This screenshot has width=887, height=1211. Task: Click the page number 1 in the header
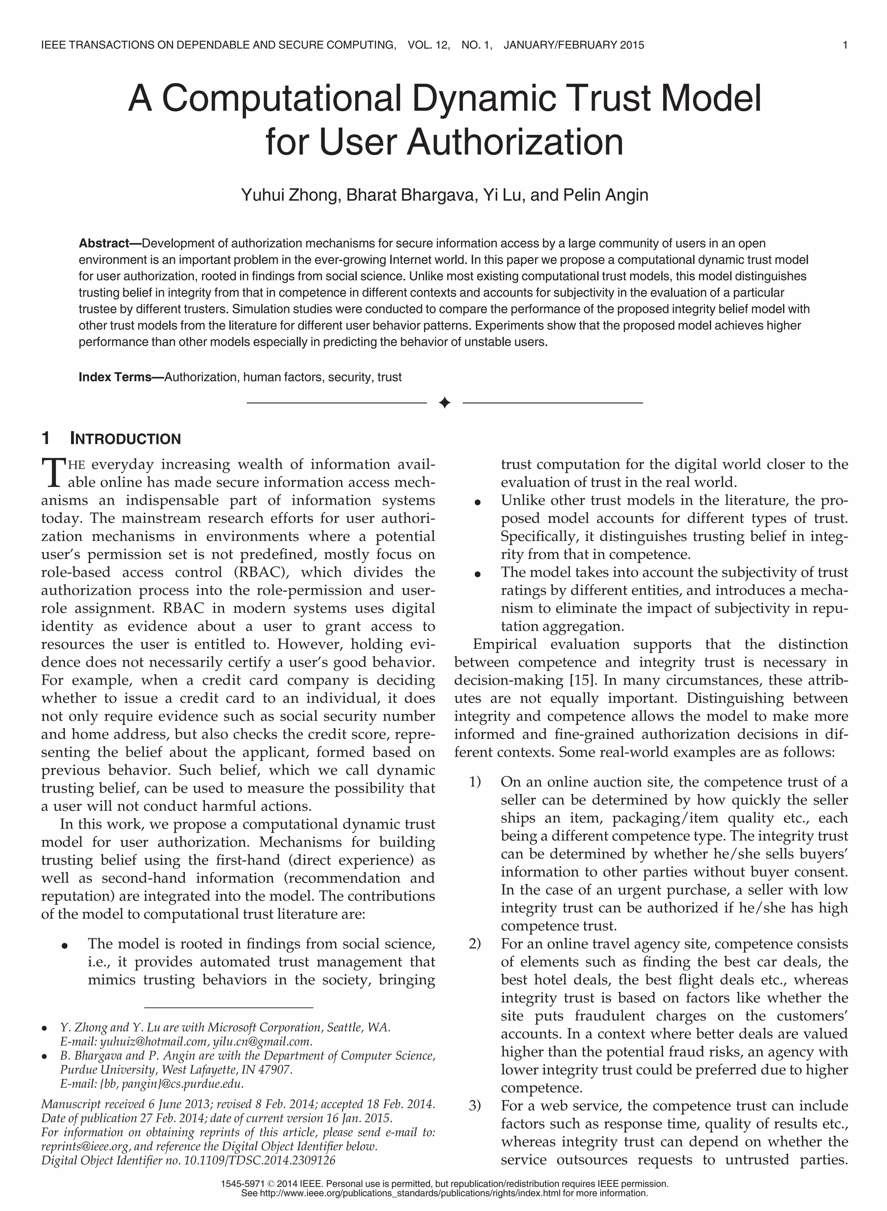click(x=845, y=45)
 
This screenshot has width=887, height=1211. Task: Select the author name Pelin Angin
click(x=605, y=195)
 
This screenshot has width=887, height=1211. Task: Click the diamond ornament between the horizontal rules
click(x=444, y=403)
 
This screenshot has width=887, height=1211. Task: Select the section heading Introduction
click(x=125, y=439)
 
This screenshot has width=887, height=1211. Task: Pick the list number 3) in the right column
click(x=475, y=1106)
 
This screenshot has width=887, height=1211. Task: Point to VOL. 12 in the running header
click(x=428, y=45)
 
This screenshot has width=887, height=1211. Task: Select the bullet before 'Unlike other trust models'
click(x=476, y=503)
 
